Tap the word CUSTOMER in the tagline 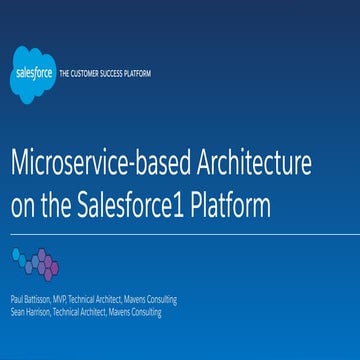[84, 74]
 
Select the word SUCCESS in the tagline [110, 74]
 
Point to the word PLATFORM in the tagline [135, 74]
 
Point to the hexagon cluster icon [35, 263]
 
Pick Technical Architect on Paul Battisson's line [94, 299]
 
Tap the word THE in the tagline [66, 74]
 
